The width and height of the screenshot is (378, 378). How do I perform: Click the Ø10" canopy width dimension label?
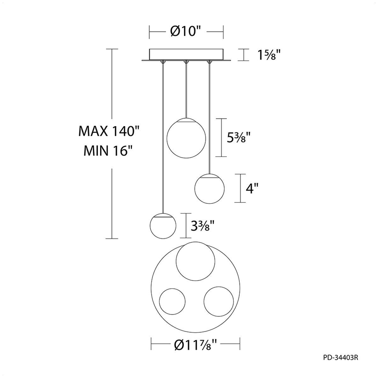186,31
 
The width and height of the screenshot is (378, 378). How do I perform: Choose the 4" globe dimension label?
252,188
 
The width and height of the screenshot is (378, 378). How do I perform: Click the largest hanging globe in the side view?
186,138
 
